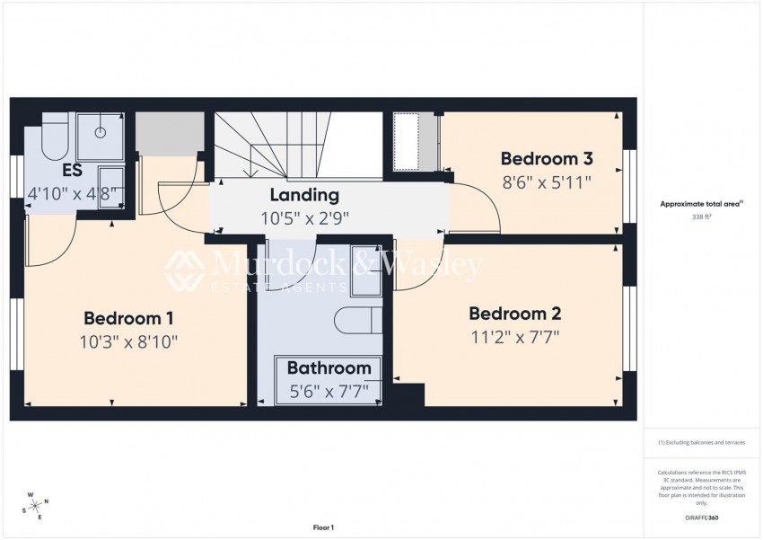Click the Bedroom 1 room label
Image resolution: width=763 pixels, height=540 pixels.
(x=128, y=318)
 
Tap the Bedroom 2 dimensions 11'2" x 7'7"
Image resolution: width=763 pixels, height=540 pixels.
(x=515, y=337)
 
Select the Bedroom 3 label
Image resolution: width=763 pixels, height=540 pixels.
(x=547, y=159)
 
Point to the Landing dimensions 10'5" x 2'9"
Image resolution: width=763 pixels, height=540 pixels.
(x=305, y=218)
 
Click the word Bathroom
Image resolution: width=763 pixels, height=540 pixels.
(x=329, y=367)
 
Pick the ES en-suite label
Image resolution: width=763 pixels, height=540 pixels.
(x=73, y=171)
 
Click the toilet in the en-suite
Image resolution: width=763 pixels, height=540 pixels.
(x=54, y=137)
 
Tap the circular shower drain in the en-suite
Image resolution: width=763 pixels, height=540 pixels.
(x=101, y=132)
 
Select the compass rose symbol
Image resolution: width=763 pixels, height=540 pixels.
(x=36, y=507)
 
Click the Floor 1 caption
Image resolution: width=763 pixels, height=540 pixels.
(x=323, y=527)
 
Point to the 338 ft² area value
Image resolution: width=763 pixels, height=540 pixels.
(x=701, y=217)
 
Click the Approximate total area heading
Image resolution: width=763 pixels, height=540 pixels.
(x=702, y=205)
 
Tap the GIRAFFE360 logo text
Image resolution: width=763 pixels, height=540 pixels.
(x=701, y=518)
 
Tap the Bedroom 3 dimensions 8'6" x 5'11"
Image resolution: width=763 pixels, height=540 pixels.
(x=547, y=182)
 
